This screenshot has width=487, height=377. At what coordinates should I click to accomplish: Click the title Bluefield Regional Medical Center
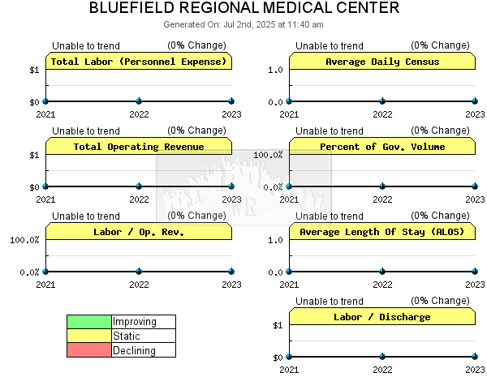(x=244, y=8)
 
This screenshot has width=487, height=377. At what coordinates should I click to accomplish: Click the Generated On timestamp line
(x=243, y=24)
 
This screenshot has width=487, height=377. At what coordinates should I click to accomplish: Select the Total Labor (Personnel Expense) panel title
(x=139, y=62)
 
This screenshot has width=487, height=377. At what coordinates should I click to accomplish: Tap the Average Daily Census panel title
(x=382, y=62)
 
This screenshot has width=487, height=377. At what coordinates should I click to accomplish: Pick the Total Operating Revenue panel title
(x=139, y=147)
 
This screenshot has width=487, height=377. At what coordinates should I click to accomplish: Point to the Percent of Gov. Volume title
(x=382, y=147)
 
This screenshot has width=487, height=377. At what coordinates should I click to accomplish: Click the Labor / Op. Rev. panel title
(x=139, y=232)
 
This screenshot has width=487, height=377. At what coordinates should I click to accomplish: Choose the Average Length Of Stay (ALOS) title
(x=382, y=232)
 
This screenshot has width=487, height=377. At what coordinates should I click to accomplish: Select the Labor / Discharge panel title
(x=382, y=317)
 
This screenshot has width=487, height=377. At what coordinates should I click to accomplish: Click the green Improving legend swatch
(x=89, y=322)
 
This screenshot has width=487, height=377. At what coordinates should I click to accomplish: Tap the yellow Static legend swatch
(x=89, y=336)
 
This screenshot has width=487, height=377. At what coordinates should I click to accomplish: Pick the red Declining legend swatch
(x=89, y=350)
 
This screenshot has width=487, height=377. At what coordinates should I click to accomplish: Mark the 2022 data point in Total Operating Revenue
(x=139, y=186)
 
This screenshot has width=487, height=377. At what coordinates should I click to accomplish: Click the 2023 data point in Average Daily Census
(x=475, y=101)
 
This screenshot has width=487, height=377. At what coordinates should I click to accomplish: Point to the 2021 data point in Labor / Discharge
(x=289, y=357)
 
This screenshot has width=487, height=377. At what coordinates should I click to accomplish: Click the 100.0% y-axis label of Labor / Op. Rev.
(x=24, y=240)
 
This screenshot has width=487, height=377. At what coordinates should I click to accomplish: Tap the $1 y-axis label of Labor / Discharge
(x=278, y=325)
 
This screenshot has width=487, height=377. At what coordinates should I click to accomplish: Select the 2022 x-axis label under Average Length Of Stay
(x=382, y=285)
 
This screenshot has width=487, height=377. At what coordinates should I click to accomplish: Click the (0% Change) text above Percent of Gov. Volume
(x=440, y=131)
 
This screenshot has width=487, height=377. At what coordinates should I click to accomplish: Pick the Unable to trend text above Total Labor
(x=86, y=46)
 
